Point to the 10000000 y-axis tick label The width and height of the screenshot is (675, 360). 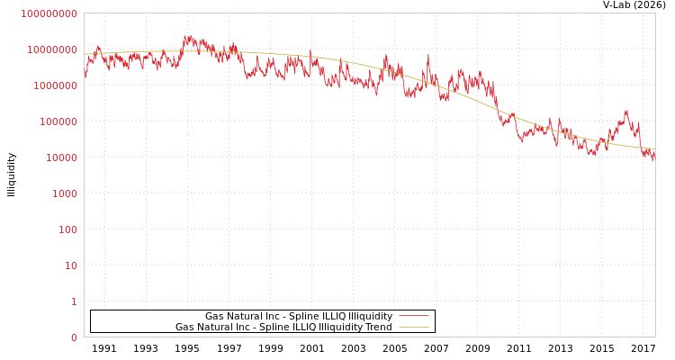pyautogui.click(x=51, y=49)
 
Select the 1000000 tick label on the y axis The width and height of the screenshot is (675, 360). pyautogui.click(x=54, y=85)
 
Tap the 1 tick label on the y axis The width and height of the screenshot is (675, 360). pyautogui.click(x=74, y=301)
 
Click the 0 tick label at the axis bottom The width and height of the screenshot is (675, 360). pyautogui.click(x=74, y=337)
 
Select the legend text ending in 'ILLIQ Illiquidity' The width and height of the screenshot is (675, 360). pyautogui.click(x=299, y=316)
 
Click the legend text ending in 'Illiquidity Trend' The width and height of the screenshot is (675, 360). pyautogui.click(x=283, y=327)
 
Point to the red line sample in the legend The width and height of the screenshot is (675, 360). pyautogui.click(x=413, y=316)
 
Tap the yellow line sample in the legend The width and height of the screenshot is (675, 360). pyautogui.click(x=413, y=327)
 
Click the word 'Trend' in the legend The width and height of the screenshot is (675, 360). pyautogui.click(x=377, y=327)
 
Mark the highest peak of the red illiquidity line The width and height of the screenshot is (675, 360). pyautogui.click(x=187, y=37)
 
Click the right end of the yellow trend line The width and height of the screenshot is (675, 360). pyautogui.click(x=654, y=149)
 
